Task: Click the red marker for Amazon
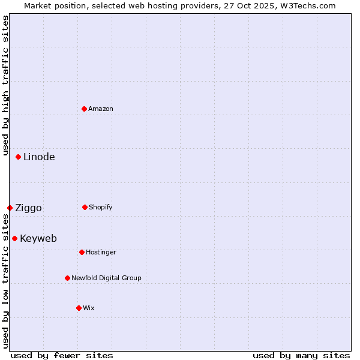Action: tap(84, 109)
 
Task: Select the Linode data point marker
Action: tap(19, 157)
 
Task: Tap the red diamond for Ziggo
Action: tap(10, 208)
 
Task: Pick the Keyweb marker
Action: tap(15, 238)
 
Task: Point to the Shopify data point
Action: tap(85, 207)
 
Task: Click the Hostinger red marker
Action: tap(82, 252)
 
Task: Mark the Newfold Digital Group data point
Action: tap(67, 278)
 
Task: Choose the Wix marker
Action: tap(79, 308)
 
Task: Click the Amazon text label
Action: tap(101, 109)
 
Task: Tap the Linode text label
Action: tap(39, 157)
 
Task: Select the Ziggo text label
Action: tap(28, 208)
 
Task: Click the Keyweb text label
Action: tap(38, 238)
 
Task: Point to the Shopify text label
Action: tap(101, 207)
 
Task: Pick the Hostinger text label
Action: tap(101, 252)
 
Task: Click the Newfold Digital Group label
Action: tap(106, 278)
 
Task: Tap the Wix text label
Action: tap(89, 308)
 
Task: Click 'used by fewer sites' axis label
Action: tap(62, 355)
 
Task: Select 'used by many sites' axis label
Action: tap(301, 355)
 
